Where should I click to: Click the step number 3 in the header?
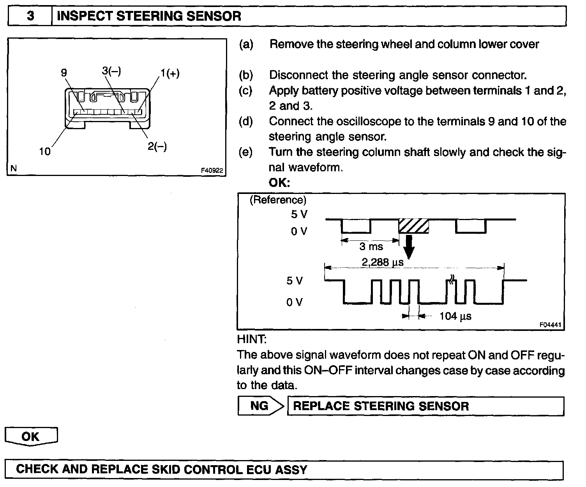click(x=30, y=16)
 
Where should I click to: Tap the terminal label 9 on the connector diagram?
click(x=64, y=73)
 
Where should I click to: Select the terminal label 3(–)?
click(x=111, y=71)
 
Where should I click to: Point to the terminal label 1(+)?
click(x=169, y=74)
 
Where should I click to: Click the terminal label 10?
click(x=45, y=151)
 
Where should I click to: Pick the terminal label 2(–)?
click(x=157, y=147)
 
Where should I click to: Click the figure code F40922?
click(x=212, y=171)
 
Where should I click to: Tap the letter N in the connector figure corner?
click(x=14, y=169)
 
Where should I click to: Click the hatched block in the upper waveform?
click(x=413, y=226)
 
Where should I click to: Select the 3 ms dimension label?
click(x=371, y=247)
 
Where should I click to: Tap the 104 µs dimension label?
click(x=455, y=316)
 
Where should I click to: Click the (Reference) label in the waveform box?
click(x=278, y=200)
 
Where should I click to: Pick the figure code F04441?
click(x=551, y=325)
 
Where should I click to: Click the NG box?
click(x=259, y=406)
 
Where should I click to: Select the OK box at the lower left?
click(x=31, y=436)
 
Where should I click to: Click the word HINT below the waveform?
click(x=251, y=339)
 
